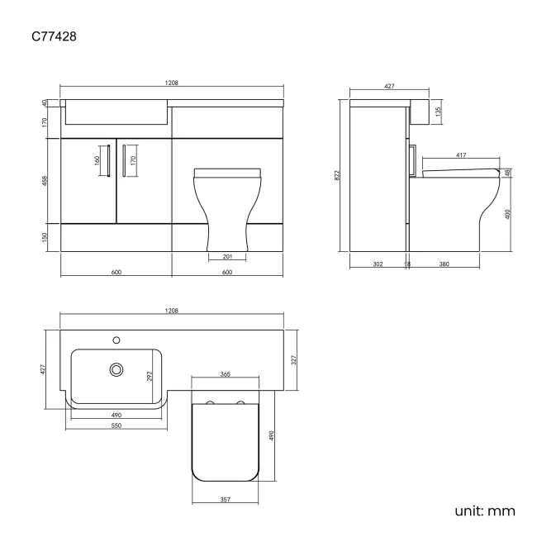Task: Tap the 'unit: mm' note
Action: click(x=484, y=511)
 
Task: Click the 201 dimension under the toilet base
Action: click(x=228, y=256)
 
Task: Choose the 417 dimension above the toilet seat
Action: click(x=460, y=154)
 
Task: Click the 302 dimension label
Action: click(x=378, y=264)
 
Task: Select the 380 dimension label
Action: click(x=443, y=264)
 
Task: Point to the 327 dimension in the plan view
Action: click(x=294, y=359)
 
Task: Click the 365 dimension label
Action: click(x=225, y=374)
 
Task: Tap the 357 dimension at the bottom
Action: click(x=225, y=500)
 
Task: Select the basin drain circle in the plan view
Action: click(x=117, y=370)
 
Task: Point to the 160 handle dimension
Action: click(x=97, y=159)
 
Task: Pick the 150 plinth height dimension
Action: click(x=45, y=237)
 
